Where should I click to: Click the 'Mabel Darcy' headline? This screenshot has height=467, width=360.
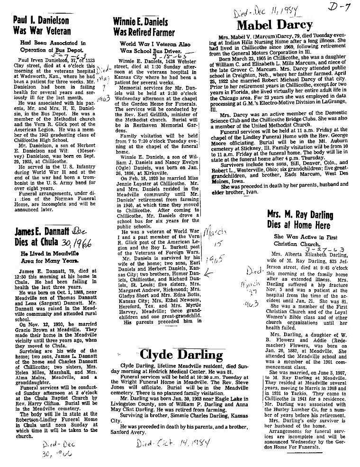click(x=274, y=25)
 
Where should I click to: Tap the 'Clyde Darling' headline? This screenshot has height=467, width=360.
click(x=181, y=355)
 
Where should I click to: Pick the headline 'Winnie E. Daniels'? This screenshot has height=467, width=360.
click(x=140, y=21)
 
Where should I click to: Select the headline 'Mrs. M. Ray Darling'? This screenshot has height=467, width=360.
click(x=300, y=215)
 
